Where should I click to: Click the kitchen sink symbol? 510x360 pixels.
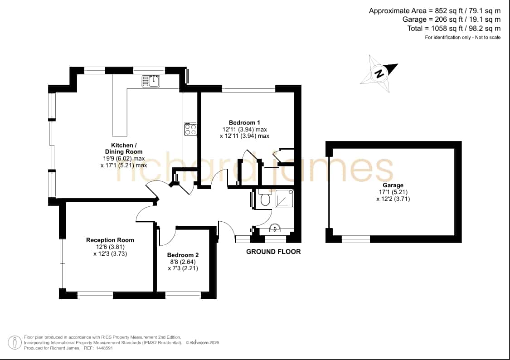coord(151,81)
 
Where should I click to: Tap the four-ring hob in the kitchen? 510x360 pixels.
coord(190,129)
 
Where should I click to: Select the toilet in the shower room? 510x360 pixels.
coord(265,198)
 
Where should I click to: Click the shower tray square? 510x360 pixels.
coord(284,199)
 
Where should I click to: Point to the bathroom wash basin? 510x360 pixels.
coord(275,228)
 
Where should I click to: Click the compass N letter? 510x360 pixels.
coord(379,73)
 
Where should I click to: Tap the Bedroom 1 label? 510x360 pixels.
coord(244,122)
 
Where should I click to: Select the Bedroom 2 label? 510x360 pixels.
coord(183,255)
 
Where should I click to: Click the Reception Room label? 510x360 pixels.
coord(110,240)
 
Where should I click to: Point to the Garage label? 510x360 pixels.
coord(393,185)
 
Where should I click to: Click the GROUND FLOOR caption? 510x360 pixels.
coord(273,251)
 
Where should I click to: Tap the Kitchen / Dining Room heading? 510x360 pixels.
coord(124,148)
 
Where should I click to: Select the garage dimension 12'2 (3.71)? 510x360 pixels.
coord(393,199)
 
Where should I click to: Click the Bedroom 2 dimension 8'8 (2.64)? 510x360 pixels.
coord(183,262)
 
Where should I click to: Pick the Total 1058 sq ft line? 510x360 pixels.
coord(454,28)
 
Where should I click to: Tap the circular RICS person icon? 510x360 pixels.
coord(15,342)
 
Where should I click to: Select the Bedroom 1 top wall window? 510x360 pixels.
coord(249,88)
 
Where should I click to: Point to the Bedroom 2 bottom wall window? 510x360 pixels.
coord(183,295)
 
